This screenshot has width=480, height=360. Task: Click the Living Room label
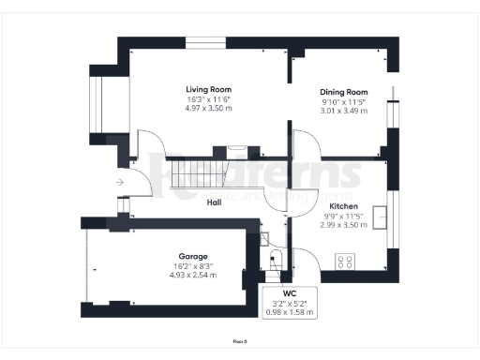(208, 89)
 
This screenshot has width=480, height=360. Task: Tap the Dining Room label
(338, 92)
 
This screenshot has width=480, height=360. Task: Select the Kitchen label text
(342, 205)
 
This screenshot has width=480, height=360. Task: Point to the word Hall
(214, 202)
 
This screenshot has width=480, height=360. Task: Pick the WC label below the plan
(289, 293)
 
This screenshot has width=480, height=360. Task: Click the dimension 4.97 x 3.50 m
(208, 109)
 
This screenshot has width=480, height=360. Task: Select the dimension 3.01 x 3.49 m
(338, 111)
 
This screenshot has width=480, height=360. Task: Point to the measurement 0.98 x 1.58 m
(289, 312)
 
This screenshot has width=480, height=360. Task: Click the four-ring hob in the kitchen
(345, 262)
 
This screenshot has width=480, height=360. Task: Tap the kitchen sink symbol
(380, 217)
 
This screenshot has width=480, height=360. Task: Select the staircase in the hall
(197, 173)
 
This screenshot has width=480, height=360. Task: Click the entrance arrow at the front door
(119, 182)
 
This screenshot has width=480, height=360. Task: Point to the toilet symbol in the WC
(276, 260)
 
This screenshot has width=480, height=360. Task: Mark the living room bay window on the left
(97, 102)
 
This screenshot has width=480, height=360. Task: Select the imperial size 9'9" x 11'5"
(342, 216)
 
